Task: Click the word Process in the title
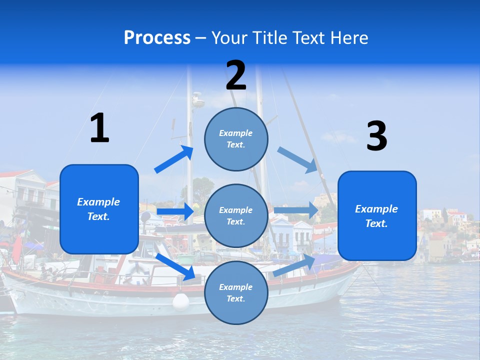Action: (157, 37)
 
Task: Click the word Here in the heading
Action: (348, 37)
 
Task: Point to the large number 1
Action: (99, 128)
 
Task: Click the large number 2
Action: (236, 75)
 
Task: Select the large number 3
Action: (376, 136)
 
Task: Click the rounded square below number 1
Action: (99, 209)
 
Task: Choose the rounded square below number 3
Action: (377, 216)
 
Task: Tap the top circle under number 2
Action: (236, 139)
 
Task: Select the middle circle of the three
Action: (236, 215)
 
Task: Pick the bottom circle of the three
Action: (236, 292)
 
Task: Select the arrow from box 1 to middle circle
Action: (175, 211)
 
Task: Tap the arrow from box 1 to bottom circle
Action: (175, 266)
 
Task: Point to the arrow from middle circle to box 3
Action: (296, 210)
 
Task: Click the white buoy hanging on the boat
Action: (181, 301)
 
